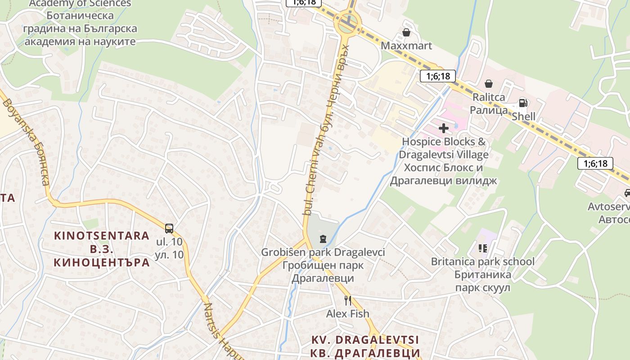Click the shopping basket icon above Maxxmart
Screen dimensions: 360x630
[x=406, y=32]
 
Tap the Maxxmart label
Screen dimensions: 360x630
[x=406, y=45]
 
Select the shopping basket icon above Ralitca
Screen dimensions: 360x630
[x=489, y=84]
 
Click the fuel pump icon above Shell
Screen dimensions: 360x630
[x=523, y=103]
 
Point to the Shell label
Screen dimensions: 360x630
[x=524, y=117]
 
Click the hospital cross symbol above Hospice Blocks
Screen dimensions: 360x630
[x=444, y=129]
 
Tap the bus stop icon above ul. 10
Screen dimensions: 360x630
[x=169, y=228]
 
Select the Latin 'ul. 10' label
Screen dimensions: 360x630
[x=169, y=242]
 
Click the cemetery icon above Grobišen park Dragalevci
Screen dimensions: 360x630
[x=323, y=238]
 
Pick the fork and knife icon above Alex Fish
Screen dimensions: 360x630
[x=347, y=300]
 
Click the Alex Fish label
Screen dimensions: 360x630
[x=347, y=314]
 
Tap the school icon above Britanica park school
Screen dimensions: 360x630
[x=483, y=248]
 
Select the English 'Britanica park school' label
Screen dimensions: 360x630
[x=483, y=261]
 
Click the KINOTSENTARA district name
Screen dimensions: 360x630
[x=102, y=235]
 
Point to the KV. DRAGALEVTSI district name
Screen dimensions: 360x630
[x=365, y=340]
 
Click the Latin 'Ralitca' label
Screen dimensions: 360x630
[x=489, y=97]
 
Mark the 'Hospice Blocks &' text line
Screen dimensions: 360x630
[x=444, y=142]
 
